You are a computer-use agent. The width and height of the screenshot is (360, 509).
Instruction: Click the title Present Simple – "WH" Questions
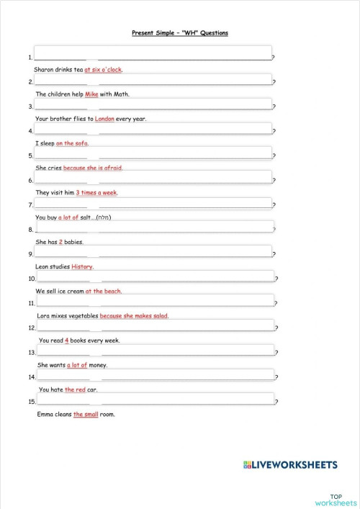(180, 32)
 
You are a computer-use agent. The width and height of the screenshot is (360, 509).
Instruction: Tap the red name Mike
(91, 94)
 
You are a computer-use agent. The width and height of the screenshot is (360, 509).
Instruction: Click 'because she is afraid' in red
(93, 168)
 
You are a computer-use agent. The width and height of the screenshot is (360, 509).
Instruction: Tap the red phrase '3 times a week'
(96, 192)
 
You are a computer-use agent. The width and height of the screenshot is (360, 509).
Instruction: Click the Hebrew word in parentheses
(101, 217)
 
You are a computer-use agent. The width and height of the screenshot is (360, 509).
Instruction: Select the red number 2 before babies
(60, 242)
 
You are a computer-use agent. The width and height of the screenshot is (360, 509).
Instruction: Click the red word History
(82, 266)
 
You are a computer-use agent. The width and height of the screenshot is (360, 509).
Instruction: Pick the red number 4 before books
(65, 340)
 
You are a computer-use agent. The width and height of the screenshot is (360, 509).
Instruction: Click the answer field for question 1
(153, 53)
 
